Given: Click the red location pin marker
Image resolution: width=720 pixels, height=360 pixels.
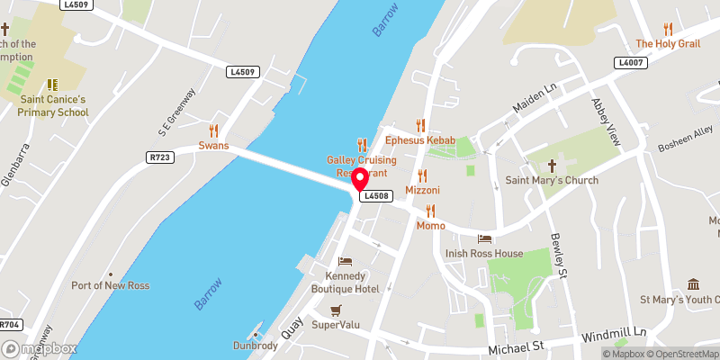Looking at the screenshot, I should (359, 178).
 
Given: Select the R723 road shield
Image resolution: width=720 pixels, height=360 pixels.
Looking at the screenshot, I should (161, 157).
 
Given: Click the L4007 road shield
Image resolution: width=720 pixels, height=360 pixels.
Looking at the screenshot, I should (629, 62).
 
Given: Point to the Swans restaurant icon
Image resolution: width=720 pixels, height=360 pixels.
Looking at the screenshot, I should (214, 130).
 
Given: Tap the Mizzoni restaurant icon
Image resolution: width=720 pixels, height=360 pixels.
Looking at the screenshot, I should (422, 175).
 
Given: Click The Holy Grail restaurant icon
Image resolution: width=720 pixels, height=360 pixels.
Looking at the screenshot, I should (668, 28).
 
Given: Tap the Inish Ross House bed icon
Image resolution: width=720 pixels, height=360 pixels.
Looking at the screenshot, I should (484, 239).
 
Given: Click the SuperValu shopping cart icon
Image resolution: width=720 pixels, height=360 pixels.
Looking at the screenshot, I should (336, 310).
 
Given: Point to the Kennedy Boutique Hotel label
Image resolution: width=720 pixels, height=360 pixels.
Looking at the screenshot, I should (345, 282).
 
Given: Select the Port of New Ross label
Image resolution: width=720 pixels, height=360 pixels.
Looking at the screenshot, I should (110, 285).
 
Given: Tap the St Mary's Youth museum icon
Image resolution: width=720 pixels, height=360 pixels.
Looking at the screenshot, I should (692, 284).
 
